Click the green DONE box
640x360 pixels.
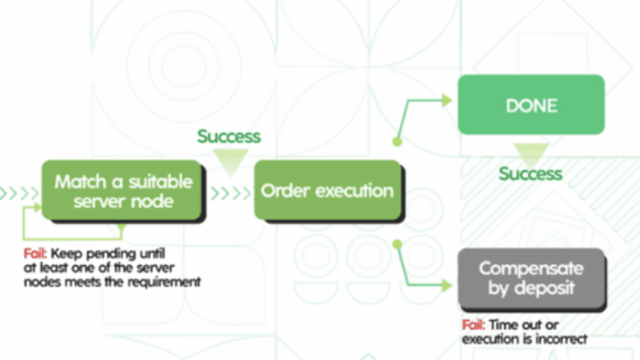point(531,104)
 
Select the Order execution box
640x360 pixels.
point(327,190)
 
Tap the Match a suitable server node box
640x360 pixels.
point(123,190)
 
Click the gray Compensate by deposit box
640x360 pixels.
point(531,277)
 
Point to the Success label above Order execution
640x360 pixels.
point(229,136)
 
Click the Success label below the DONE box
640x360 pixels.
point(530,173)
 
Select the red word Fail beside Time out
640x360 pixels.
point(473,325)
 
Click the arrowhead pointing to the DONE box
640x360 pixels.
point(446,100)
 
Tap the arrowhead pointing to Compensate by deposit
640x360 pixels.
point(446,285)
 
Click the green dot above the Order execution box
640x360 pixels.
point(397,141)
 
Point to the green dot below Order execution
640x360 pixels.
point(397,244)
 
